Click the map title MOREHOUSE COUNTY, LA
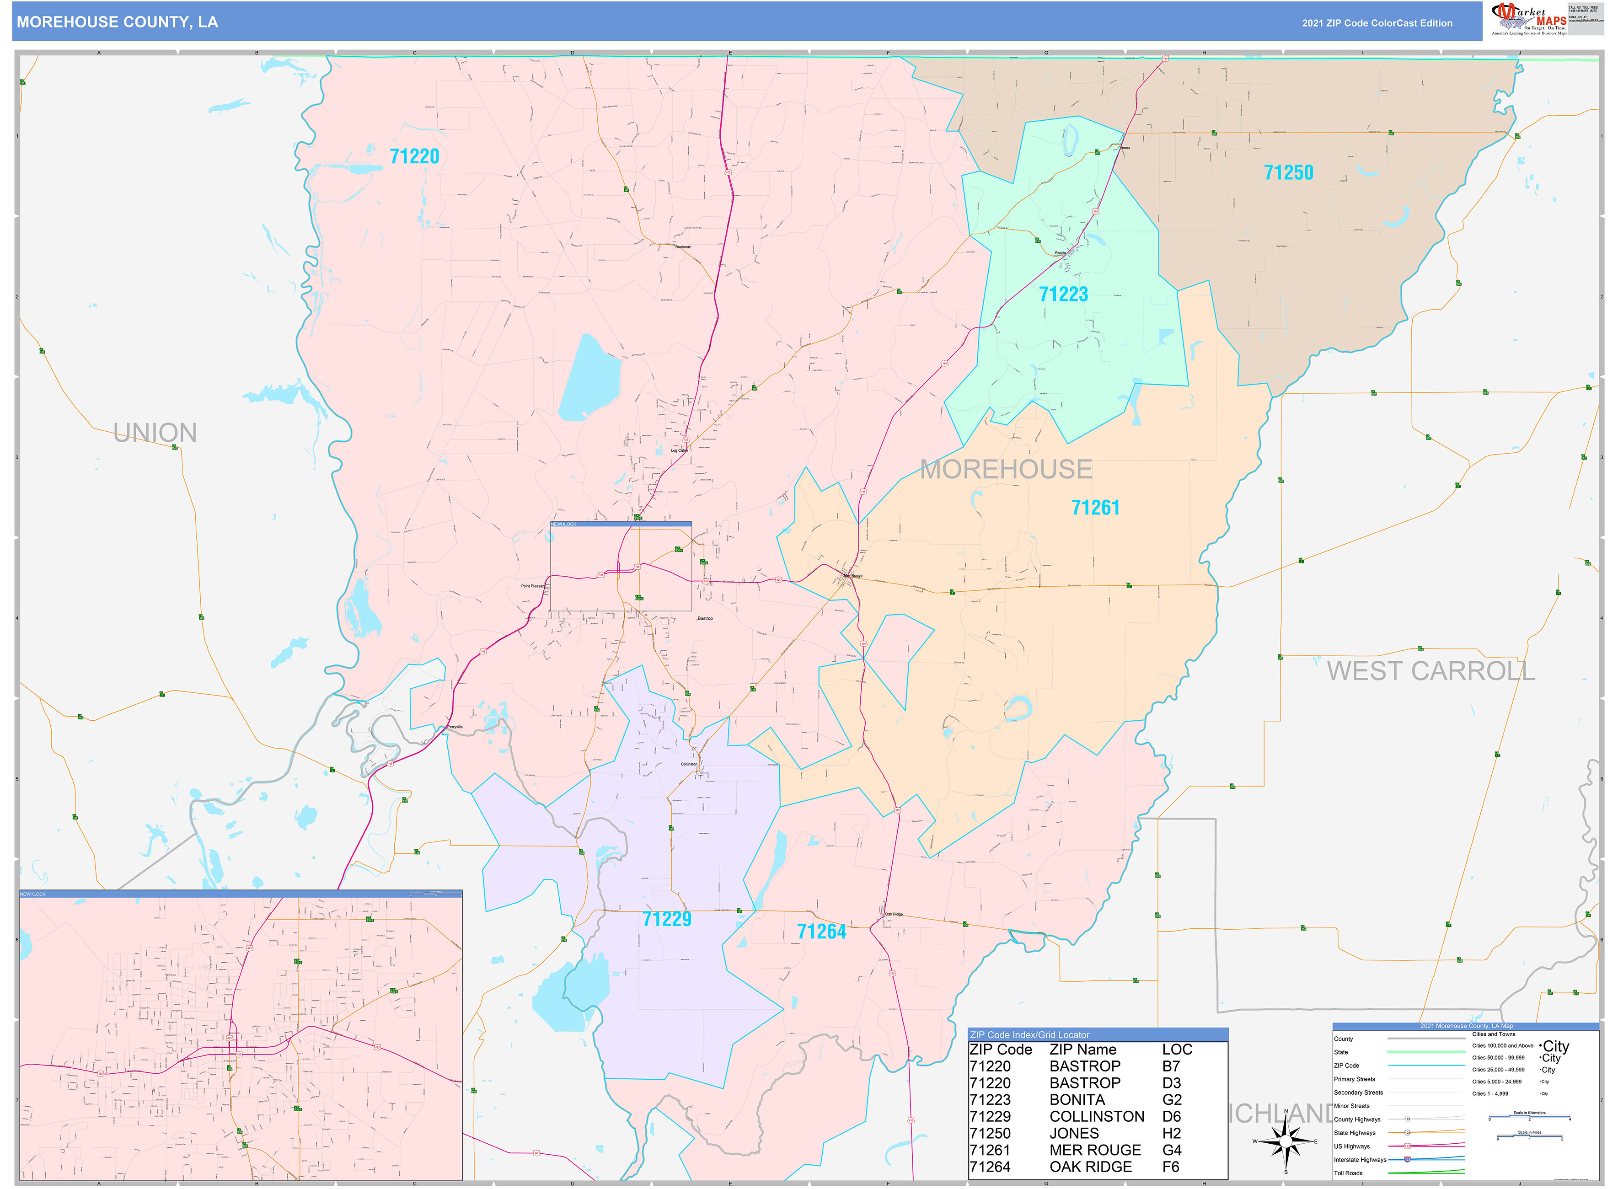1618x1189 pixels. point(118,22)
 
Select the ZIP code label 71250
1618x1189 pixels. point(1288,173)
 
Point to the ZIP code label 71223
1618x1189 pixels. point(1063,295)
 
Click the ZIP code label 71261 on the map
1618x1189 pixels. point(1095,508)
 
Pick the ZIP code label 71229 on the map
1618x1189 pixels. point(666,919)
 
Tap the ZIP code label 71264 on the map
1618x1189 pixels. point(821,932)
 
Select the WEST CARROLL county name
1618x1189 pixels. point(1431,671)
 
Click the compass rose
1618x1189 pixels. point(1286,1141)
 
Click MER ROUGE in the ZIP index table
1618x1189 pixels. point(1095,1150)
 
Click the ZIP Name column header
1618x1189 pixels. point(1082,1050)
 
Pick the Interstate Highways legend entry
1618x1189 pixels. point(1360,1159)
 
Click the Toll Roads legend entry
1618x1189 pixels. point(1348,1173)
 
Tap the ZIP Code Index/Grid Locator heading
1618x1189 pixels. point(1029,1035)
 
